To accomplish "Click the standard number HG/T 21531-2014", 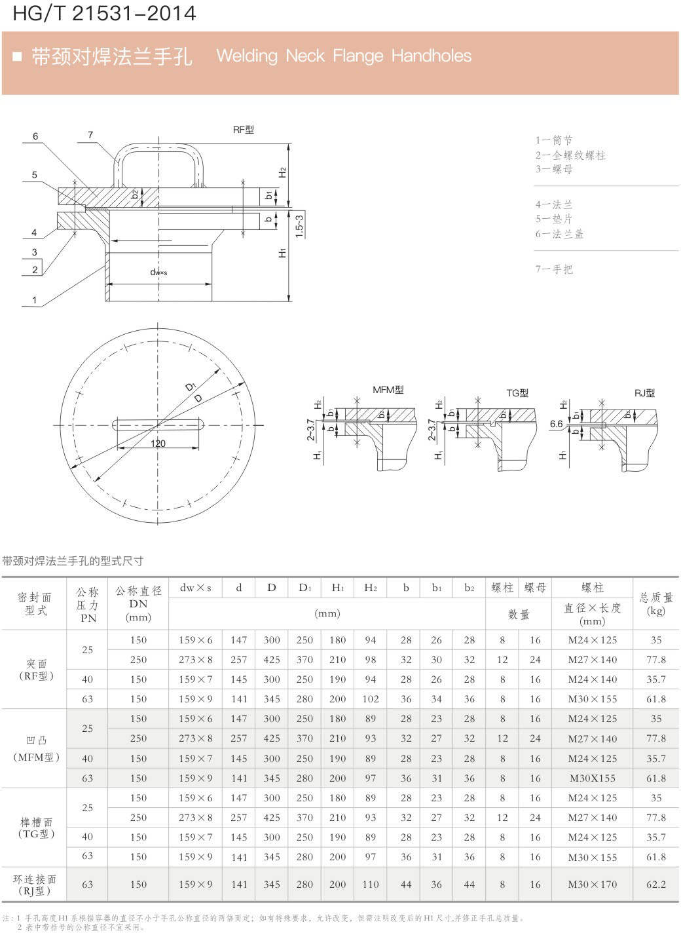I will pyautogui.click(x=104, y=13).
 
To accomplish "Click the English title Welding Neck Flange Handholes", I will pyautogui.click(x=344, y=56).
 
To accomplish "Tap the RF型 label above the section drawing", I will pyautogui.click(x=244, y=130).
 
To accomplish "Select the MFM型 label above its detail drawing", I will pyautogui.click(x=388, y=390).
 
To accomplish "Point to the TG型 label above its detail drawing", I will pyautogui.click(x=517, y=392).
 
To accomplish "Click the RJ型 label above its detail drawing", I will pyautogui.click(x=644, y=392).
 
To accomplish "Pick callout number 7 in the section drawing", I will pyautogui.click(x=90, y=135).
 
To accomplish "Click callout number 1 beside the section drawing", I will pyautogui.click(x=35, y=300).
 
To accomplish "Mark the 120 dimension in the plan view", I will pyautogui.click(x=158, y=444).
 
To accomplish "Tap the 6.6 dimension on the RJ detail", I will pyautogui.click(x=556, y=424).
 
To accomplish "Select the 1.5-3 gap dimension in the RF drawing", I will pyautogui.click(x=299, y=226).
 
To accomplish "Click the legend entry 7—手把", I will pyautogui.click(x=554, y=269).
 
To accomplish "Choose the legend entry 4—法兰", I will pyautogui.click(x=554, y=204).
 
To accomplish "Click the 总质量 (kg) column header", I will pyautogui.click(x=656, y=603).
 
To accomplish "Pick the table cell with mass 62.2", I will pyautogui.click(x=656, y=885).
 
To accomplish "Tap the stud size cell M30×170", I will pyautogui.click(x=593, y=885).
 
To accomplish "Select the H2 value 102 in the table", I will pyautogui.click(x=371, y=699).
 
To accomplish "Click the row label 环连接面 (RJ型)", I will pyautogui.click(x=35, y=885).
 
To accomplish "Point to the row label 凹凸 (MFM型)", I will pyautogui.click(x=36, y=749).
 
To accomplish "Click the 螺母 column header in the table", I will pyautogui.click(x=536, y=588).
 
